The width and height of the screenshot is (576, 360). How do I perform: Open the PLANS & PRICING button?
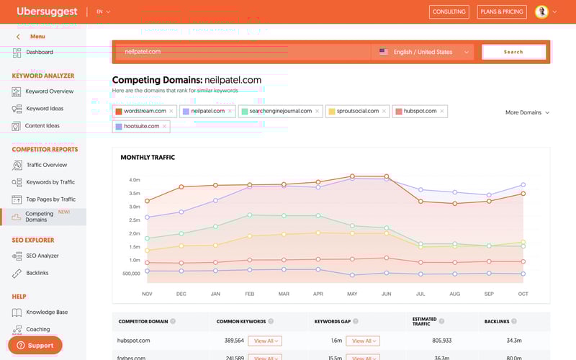point(501,12)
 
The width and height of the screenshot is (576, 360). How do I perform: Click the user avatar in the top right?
point(541,12)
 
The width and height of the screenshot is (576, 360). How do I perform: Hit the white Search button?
point(513,52)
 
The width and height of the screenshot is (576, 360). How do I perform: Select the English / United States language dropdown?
point(424,52)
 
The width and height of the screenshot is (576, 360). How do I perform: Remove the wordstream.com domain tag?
point(171,111)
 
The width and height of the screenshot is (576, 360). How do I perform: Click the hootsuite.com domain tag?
point(141,126)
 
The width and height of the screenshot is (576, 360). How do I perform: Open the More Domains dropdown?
point(527,112)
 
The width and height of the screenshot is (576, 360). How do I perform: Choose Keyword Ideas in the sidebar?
point(44,109)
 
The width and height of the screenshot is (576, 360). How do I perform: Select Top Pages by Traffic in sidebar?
point(50,199)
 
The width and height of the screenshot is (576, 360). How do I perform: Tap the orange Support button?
point(35,346)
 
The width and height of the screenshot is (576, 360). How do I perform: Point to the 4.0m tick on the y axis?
point(135,180)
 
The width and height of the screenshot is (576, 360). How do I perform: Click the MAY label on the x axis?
point(352,294)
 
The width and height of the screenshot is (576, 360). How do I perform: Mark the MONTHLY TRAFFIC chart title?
point(148,157)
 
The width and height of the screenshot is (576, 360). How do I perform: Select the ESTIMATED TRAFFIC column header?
point(424,321)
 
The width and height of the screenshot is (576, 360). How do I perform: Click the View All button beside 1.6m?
point(362,341)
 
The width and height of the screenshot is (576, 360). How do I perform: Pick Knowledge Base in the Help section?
point(47,312)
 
